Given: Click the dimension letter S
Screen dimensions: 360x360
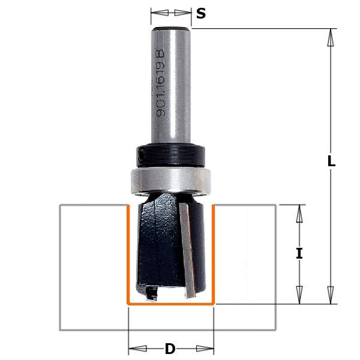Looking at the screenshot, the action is (x=201, y=14).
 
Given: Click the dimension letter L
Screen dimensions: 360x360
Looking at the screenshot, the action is (x=331, y=161).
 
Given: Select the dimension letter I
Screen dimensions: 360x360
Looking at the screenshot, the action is (x=299, y=253).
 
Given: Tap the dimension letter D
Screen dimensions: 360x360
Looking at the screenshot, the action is (x=170, y=349).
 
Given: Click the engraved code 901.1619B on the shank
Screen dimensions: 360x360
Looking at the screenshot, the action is (x=160, y=83).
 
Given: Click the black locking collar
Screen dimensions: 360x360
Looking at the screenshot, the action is (x=170, y=155).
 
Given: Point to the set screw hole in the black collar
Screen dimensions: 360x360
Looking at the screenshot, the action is (x=141, y=152).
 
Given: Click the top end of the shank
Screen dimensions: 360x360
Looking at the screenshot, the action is (x=171, y=28).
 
